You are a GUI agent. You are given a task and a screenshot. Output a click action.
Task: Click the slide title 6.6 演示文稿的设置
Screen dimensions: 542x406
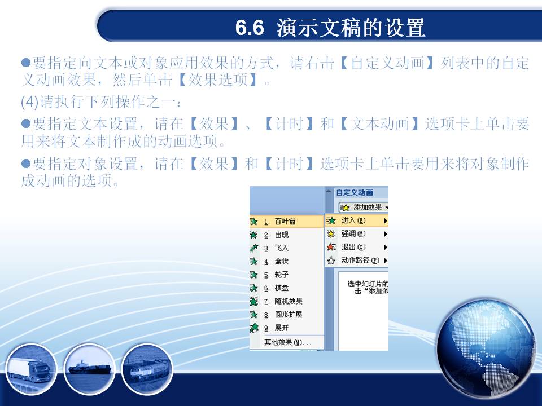[x=330, y=28]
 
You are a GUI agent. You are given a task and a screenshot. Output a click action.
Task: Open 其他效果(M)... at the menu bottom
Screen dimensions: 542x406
[x=287, y=342]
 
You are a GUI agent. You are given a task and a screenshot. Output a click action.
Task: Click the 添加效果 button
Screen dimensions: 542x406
[x=364, y=207]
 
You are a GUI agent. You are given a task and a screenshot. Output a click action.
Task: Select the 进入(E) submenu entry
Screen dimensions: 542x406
[x=357, y=220]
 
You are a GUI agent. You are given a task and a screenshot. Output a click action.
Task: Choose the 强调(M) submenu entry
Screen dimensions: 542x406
[x=357, y=233]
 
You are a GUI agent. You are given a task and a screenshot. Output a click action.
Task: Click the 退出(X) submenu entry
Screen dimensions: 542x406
[x=357, y=247]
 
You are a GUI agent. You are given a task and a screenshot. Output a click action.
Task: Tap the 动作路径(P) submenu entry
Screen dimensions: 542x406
[x=357, y=261]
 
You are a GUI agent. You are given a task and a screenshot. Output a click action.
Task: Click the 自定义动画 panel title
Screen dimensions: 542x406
[x=355, y=193]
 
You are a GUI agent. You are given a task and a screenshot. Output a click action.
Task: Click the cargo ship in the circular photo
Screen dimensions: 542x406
[x=90, y=368]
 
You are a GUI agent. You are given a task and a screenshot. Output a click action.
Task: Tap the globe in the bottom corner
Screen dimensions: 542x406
[x=486, y=348]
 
